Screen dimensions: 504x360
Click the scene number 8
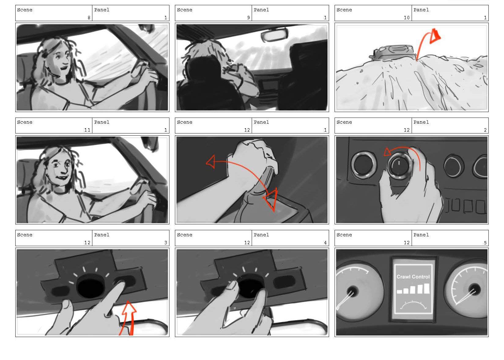89,17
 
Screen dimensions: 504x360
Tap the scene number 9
249,17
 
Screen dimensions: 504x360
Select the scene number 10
407,17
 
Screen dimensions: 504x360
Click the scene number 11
87,130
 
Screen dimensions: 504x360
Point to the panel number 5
485,243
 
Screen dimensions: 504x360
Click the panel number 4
325,243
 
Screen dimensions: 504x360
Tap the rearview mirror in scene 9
274,35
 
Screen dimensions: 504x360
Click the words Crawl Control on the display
413,277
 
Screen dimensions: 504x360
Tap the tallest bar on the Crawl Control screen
427,288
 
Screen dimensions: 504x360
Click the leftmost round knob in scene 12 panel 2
363,164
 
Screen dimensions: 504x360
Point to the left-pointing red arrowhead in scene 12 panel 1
211,162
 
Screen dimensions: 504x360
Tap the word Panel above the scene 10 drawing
421,10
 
